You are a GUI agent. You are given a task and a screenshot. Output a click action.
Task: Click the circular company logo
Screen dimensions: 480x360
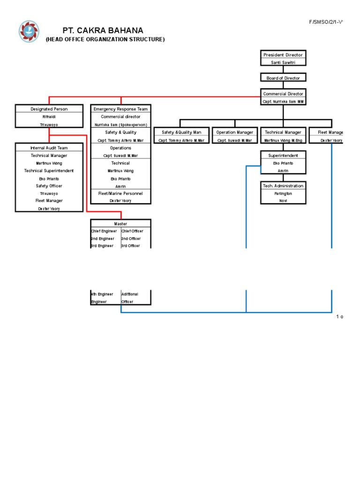(29, 31)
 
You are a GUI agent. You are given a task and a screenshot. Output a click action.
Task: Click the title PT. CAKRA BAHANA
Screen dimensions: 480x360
(103, 30)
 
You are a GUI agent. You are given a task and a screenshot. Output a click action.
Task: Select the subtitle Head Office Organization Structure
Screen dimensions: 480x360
(105, 39)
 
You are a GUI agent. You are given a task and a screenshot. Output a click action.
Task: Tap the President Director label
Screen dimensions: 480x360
(283, 55)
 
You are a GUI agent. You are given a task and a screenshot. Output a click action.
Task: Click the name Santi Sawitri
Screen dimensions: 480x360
(283, 62)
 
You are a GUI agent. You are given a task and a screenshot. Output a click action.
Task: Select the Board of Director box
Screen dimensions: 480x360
(283, 78)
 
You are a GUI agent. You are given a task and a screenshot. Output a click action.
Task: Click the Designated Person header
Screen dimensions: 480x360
(49, 109)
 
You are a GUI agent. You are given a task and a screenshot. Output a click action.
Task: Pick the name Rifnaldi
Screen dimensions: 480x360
(49, 117)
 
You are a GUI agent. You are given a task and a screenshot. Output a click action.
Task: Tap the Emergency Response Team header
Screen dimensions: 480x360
(121, 109)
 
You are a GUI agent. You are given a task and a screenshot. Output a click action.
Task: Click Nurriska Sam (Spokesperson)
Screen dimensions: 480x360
(121, 125)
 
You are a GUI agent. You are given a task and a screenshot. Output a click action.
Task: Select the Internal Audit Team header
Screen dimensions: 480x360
(49, 148)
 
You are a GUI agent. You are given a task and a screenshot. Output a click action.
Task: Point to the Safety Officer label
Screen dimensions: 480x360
(49, 186)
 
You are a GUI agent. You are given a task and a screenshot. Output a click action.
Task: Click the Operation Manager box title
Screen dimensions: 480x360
(235, 132)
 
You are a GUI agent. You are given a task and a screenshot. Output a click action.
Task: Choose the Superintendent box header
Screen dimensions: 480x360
(283, 155)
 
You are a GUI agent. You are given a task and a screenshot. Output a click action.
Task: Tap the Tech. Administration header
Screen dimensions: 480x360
(283, 186)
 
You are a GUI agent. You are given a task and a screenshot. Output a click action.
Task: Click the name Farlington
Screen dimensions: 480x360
(283, 193)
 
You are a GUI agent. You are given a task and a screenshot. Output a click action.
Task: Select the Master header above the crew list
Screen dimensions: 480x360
(120, 224)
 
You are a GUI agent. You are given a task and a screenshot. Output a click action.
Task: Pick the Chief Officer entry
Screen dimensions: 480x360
(132, 231)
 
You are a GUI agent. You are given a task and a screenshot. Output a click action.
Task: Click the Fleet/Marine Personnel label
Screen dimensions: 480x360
(120, 193)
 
